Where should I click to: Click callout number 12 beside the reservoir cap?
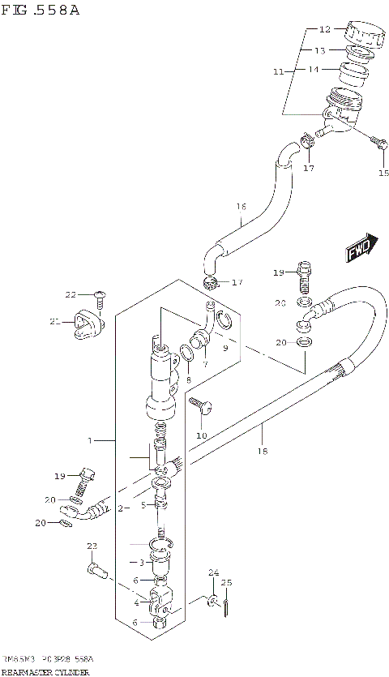click(325, 29)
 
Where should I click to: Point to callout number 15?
click(384, 173)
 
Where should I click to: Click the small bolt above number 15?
click(377, 144)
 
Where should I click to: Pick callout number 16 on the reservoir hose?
click(241, 207)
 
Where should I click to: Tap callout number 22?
click(71, 294)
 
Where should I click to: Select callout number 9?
click(225, 348)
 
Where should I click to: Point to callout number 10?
click(201, 435)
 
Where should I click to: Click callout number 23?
click(92, 546)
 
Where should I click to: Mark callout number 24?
click(213, 573)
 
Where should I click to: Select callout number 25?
click(227, 582)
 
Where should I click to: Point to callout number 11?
click(278, 72)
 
